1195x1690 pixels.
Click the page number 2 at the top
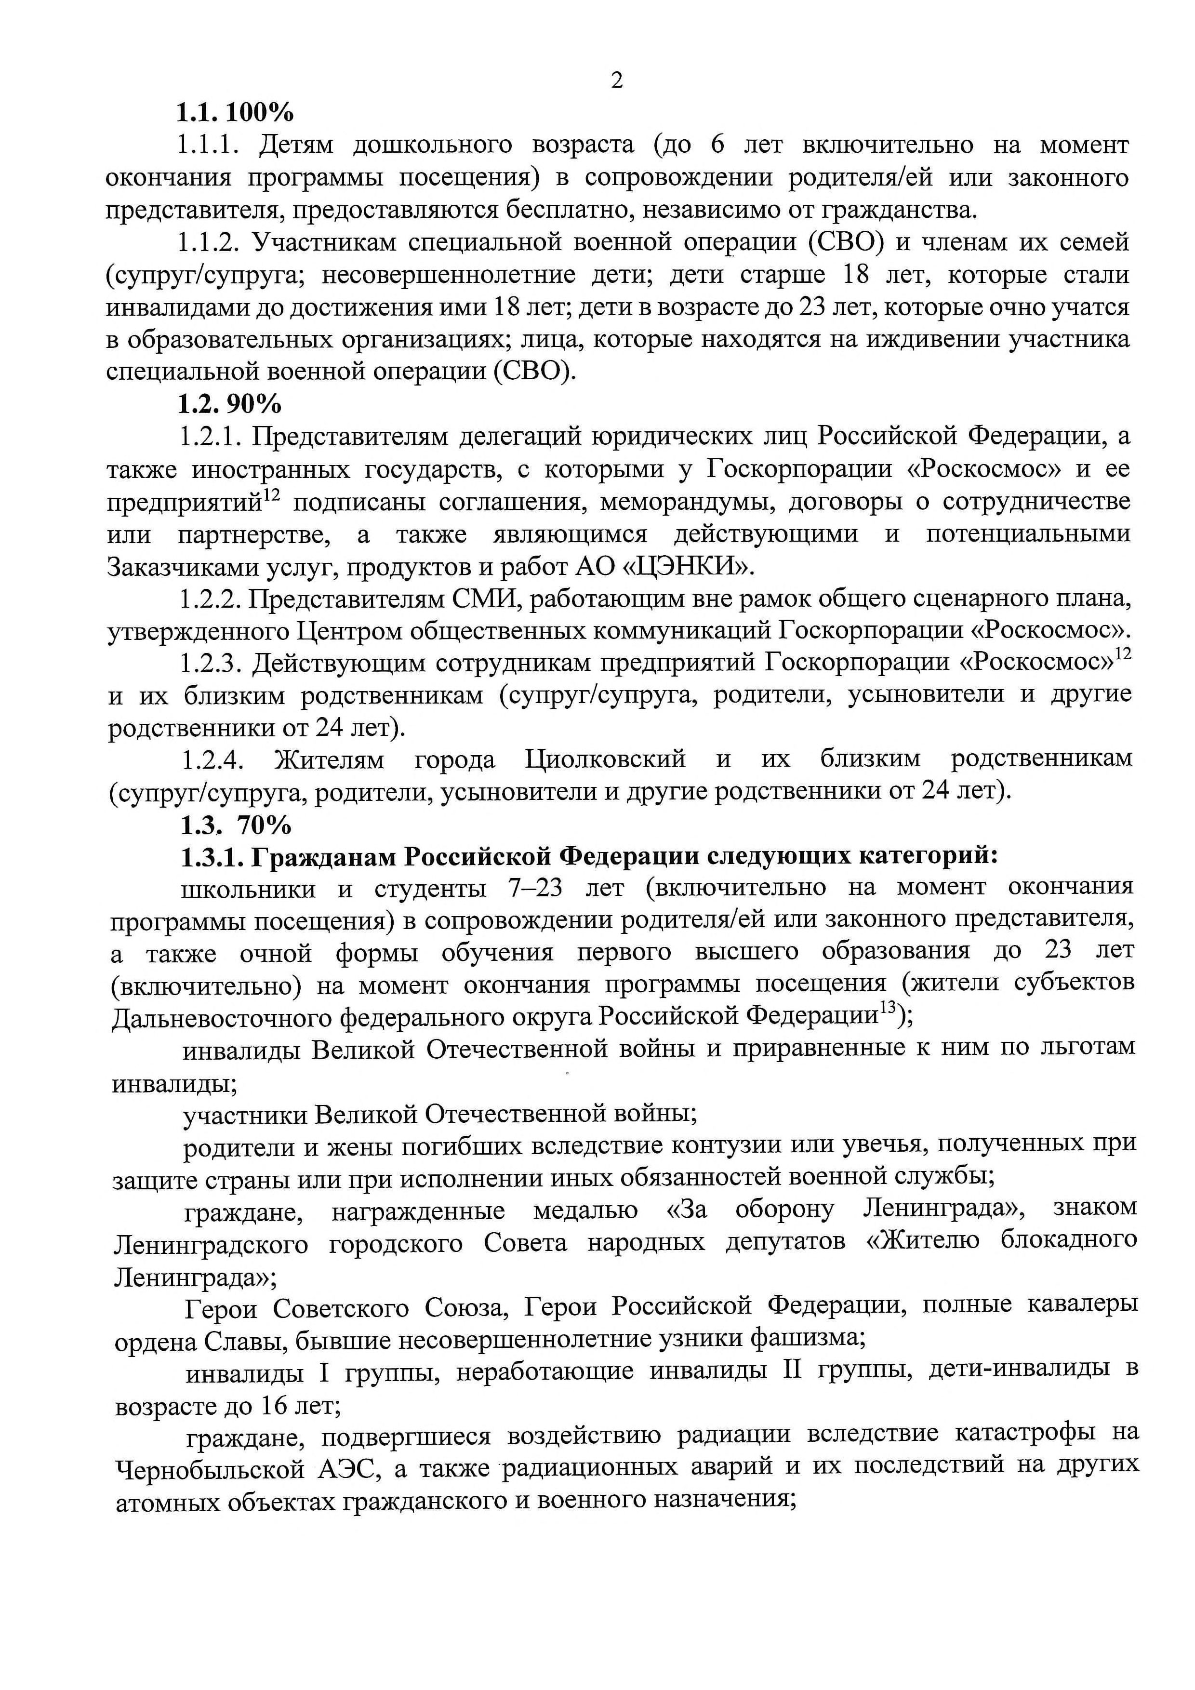pyautogui.click(x=617, y=80)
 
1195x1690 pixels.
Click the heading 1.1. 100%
pyautogui.click(x=234, y=113)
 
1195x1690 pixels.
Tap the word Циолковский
pyautogui.click(x=605, y=758)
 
